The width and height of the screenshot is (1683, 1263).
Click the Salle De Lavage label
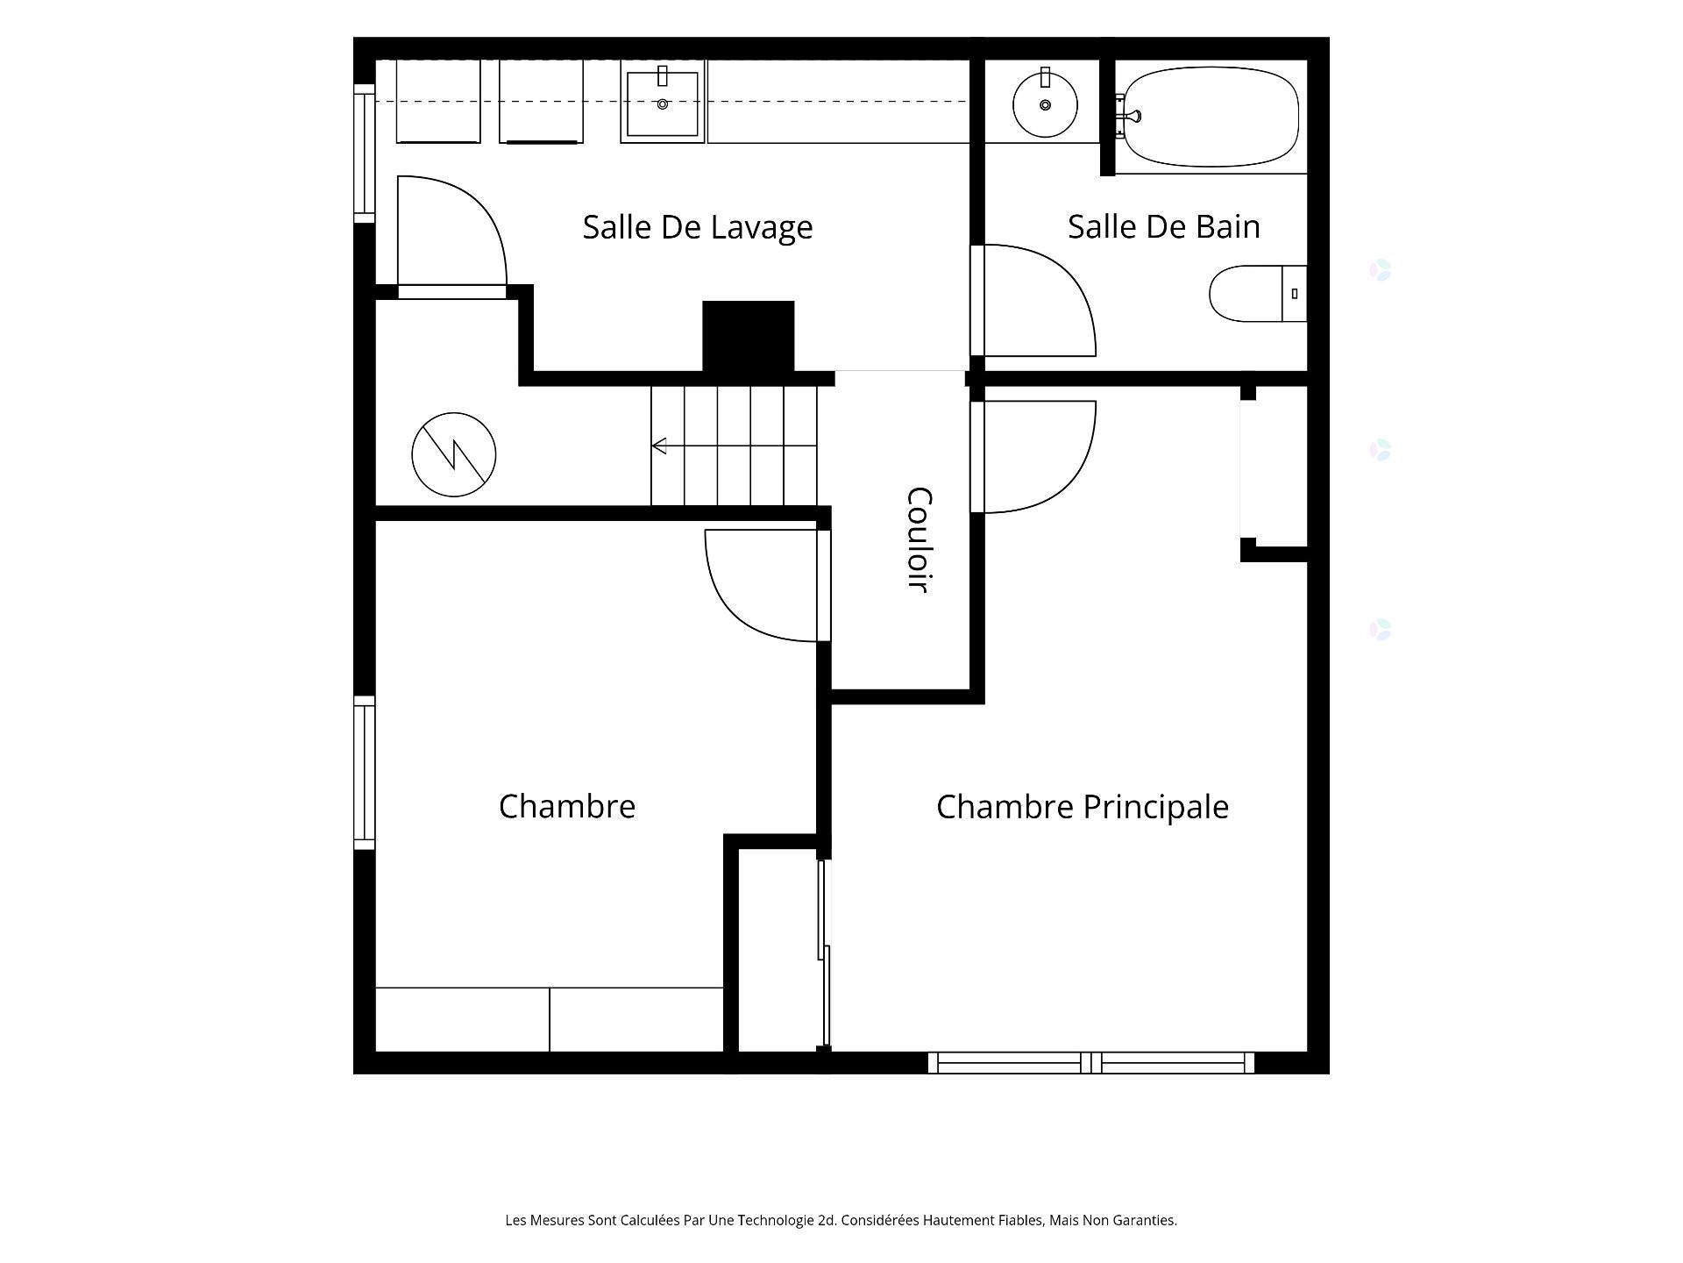click(698, 227)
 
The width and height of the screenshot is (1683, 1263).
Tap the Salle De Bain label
click(1163, 226)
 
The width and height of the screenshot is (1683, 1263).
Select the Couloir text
click(918, 540)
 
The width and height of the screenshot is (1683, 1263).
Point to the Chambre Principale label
click(1083, 807)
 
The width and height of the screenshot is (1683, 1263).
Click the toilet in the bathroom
click(1258, 294)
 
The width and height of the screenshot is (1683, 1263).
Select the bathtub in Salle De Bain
click(1211, 118)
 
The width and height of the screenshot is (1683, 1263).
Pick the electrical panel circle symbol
click(454, 454)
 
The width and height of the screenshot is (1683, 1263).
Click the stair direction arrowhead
click(659, 446)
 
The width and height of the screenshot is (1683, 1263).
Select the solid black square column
click(749, 336)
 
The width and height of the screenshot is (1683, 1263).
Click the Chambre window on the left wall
click(365, 773)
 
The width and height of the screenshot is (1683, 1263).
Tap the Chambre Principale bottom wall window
click(1091, 1062)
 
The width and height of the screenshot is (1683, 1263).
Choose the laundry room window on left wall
click(365, 153)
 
